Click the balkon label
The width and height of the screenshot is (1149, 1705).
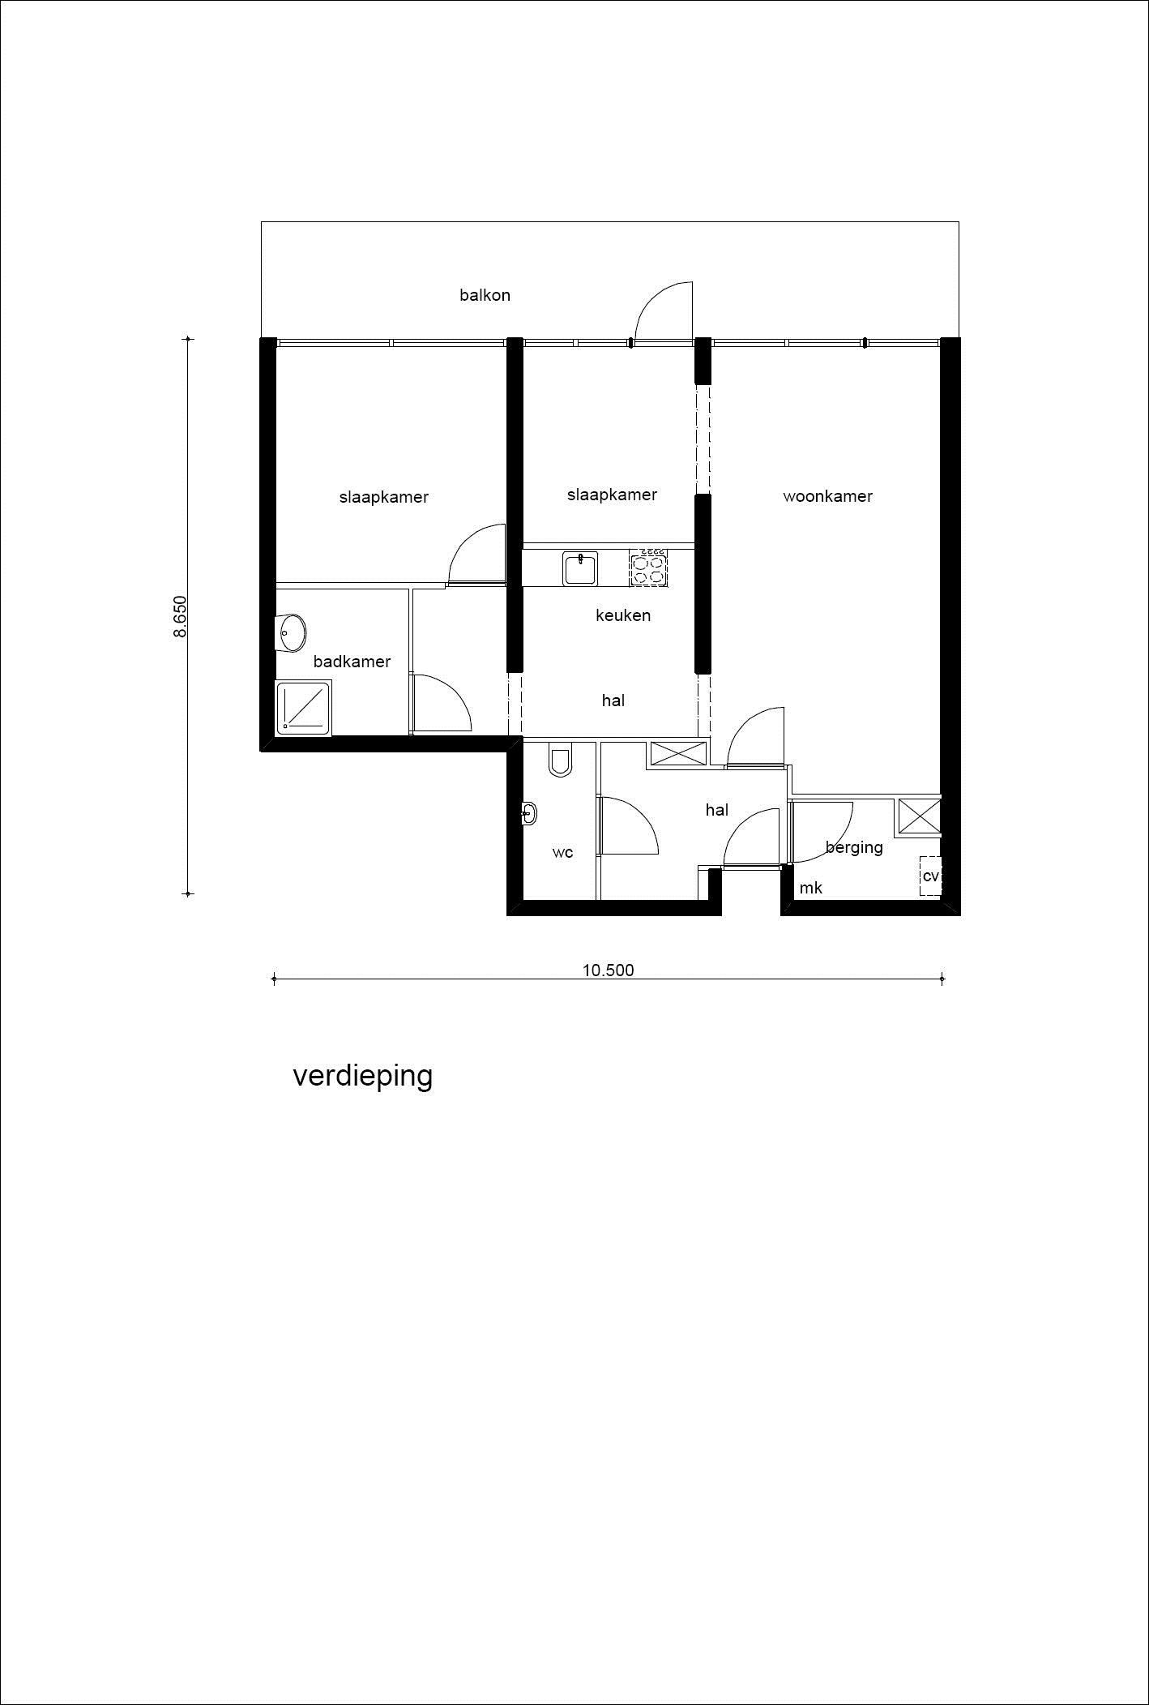pos(485,295)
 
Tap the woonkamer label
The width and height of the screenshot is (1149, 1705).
pos(827,496)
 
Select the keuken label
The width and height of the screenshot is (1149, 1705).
pos(623,615)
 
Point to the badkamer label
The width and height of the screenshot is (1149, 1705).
pos(352,662)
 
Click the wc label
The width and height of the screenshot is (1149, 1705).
pos(562,852)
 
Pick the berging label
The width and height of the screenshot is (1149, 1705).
pos(854,847)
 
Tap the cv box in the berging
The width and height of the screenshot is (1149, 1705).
pos(930,876)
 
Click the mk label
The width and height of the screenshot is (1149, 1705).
pos(811,888)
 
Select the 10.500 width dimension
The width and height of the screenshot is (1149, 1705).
pos(608,970)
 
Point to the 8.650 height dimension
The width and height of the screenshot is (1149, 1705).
pos(180,616)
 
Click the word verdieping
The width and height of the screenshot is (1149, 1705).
pos(362,1076)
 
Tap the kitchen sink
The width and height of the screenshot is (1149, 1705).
pos(579,568)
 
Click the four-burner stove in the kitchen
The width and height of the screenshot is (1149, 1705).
pos(649,568)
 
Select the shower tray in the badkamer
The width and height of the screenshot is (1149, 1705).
pos(303,709)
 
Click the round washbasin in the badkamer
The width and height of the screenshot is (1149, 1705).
pos(291,632)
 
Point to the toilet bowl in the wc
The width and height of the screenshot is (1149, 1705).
pos(560,761)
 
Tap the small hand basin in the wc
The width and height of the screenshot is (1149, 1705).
pos(529,812)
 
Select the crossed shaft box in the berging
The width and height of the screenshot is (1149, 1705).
pos(918,817)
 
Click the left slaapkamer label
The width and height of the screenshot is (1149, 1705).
pos(383,497)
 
